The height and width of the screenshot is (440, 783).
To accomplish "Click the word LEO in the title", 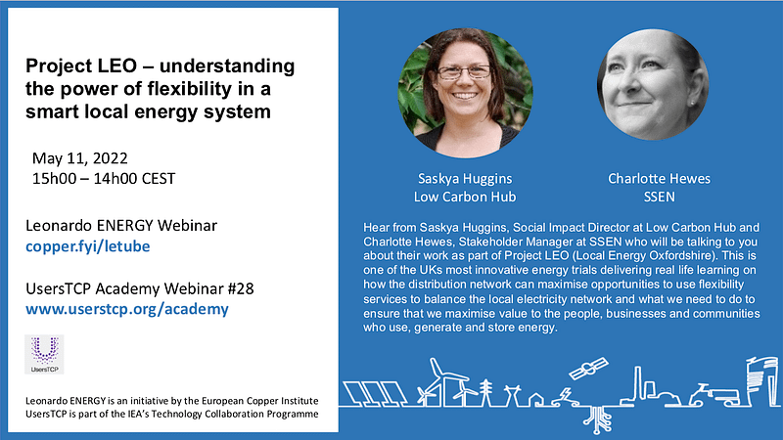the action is [x=117, y=66].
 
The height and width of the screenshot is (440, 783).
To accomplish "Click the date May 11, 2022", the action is [x=80, y=158].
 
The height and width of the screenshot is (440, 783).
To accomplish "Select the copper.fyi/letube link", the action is [x=88, y=246].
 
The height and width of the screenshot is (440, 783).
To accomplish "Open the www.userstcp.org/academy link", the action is [x=127, y=309].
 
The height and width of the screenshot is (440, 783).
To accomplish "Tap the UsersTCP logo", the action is [x=44, y=354].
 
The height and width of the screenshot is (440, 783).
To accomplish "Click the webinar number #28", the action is [x=241, y=288].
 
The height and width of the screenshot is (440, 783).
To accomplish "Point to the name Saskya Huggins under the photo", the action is [x=465, y=179].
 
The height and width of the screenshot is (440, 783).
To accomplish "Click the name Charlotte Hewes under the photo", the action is [x=659, y=179].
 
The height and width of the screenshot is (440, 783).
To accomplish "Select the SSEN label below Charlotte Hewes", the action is [x=659, y=198].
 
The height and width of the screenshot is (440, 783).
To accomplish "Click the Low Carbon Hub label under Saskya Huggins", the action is [x=465, y=198].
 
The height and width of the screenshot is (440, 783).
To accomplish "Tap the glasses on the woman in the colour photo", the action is [x=463, y=72].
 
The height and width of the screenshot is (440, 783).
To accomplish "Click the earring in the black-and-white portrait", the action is [x=692, y=103].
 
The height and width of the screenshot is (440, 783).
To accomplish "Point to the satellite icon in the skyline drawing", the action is [x=588, y=369].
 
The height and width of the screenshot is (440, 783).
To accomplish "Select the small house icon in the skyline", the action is [x=535, y=400].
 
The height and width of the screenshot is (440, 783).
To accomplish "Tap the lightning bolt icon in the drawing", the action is [x=566, y=395].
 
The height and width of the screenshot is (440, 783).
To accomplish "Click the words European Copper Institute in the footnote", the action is [x=259, y=401].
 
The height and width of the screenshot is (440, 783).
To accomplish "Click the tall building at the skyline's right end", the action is [x=761, y=380].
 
